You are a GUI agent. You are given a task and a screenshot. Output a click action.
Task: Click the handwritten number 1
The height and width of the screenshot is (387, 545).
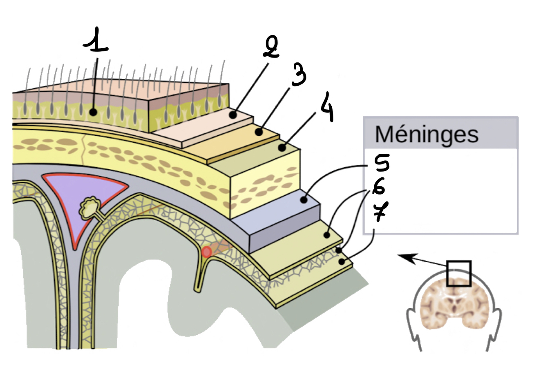(x=96, y=41)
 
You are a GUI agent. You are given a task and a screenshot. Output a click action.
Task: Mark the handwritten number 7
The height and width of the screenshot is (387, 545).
(x=380, y=211)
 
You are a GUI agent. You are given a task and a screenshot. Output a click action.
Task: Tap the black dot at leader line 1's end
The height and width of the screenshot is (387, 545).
(x=94, y=111)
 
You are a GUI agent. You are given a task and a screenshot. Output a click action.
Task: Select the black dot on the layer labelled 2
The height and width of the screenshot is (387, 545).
(x=232, y=115)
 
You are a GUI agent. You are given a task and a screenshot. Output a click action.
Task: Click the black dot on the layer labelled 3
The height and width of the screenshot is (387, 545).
(x=259, y=132)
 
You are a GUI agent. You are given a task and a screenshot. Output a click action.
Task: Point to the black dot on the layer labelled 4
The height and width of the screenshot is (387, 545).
(x=282, y=148)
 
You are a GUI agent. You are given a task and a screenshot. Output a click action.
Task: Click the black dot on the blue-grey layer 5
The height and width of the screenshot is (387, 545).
(x=304, y=200)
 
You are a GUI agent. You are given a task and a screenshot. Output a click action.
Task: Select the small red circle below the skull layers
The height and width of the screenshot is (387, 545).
(x=207, y=252)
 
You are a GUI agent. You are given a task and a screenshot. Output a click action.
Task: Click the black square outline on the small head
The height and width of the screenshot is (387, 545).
(x=459, y=273)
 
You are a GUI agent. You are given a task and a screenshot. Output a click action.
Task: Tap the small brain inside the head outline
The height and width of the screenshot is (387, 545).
(x=454, y=306)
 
